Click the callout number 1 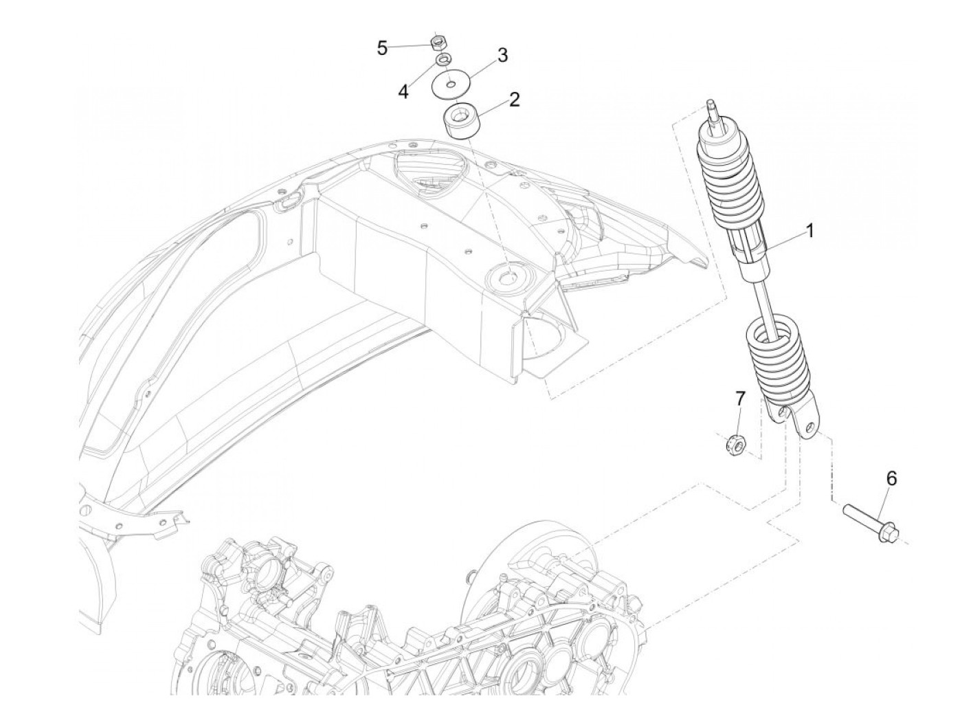pyautogui.click(x=810, y=231)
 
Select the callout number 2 pyautogui.click(x=514, y=100)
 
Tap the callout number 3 pyautogui.click(x=502, y=56)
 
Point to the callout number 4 pyautogui.click(x=403, y=91)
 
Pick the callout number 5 pyautogui.click(x=382, y=48)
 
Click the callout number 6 pyautogui.click(x=891, y=478)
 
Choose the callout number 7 pyautogui.click(x=739, y=399)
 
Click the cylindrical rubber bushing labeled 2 pyautogui.click(x=458, y=120)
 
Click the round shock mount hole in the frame pyautogui.click(x=508, y=277)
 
